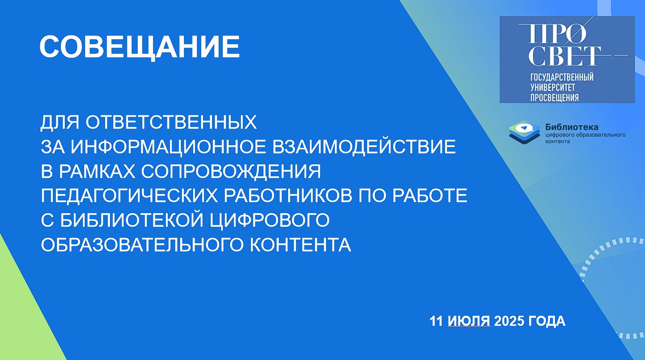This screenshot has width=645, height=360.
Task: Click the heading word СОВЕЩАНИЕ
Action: (140, 47)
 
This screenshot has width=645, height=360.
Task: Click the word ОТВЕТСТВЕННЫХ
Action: (171, 122)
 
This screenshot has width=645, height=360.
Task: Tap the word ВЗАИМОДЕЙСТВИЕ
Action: (364, 147)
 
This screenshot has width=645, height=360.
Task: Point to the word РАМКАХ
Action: (97, 171)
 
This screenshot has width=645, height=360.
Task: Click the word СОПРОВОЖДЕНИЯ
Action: (231, 172)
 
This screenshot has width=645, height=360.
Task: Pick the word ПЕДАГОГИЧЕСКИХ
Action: (129, 196)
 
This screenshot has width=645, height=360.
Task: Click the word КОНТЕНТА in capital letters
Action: (300, 245)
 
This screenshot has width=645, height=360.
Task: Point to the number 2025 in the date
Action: (509, 321)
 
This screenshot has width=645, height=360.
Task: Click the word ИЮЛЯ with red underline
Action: (469, 321)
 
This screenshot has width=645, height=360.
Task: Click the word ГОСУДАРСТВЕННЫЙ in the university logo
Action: (562, 77)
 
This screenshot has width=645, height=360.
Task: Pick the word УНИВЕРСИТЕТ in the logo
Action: (553, 87)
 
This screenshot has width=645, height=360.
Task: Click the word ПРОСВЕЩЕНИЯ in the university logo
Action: (555, 98)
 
